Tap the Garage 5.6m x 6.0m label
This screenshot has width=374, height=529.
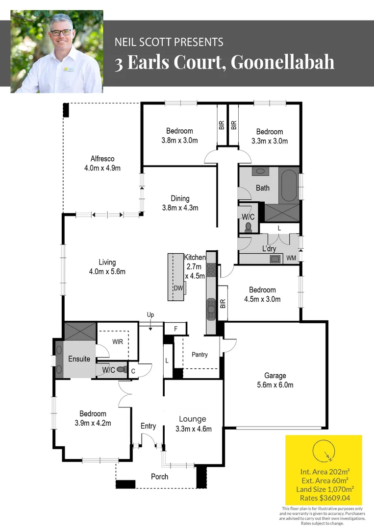275,380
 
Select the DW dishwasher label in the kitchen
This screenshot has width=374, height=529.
178,288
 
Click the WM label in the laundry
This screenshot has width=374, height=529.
291,258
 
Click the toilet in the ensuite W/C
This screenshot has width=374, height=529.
123,369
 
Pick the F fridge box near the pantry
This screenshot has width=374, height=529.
175,328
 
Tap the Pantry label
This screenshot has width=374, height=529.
199,354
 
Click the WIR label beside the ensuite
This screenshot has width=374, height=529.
118,342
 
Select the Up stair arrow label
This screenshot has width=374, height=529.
150,315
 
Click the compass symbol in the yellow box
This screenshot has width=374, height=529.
324,451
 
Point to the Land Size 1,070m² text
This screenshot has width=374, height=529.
325,489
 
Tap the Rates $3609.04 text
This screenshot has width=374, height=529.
325,498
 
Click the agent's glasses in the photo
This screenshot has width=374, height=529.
61,32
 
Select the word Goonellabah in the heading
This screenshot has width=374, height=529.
282,62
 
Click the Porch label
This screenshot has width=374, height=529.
160,477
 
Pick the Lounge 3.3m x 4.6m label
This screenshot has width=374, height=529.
194,424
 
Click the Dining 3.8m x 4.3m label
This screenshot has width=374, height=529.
180,203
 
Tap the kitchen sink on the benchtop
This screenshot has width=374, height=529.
211,309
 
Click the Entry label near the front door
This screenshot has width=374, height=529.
148,426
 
